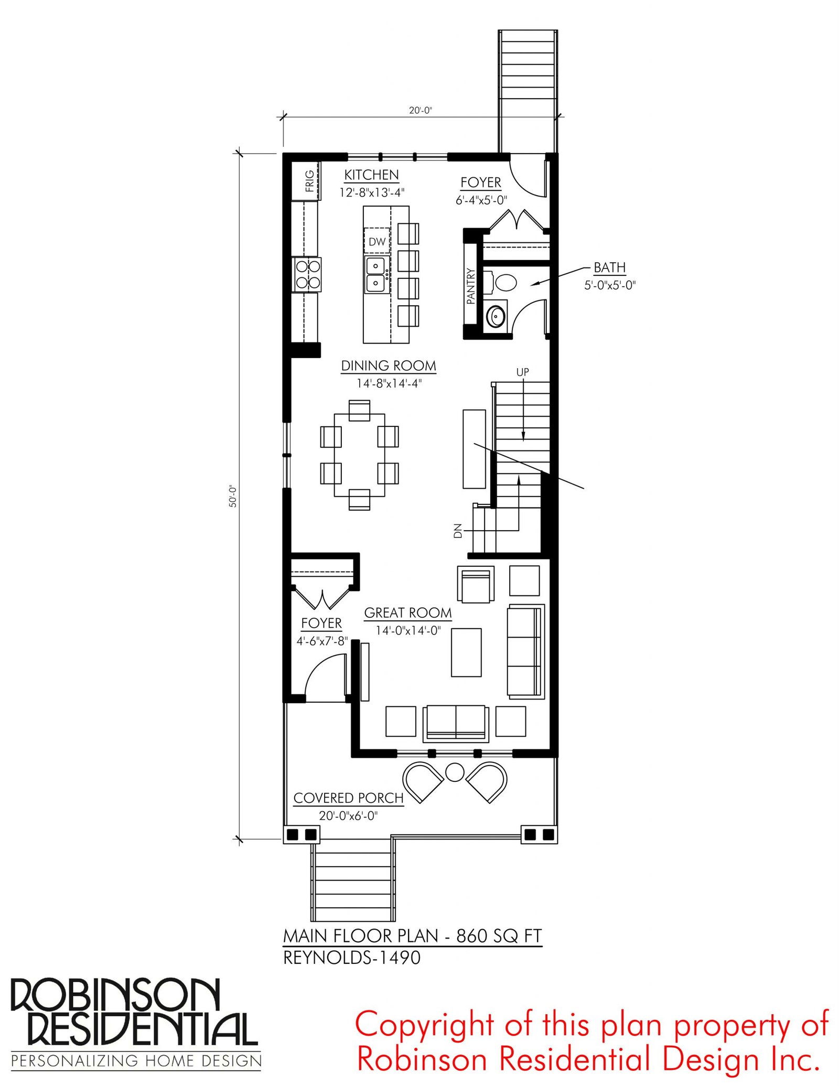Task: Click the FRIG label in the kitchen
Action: (309, 181)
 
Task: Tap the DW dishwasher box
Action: (377, 241)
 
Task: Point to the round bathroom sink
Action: (496, 315)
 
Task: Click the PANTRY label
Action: (470, 286)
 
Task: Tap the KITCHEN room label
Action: (371, 175)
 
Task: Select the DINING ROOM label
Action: (389, 365)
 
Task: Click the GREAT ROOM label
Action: (408, 612)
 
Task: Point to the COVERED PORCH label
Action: (348, 798)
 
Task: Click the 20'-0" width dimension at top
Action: (421, 110)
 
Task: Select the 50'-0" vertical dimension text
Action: (233, 496)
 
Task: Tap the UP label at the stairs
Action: (522, 372)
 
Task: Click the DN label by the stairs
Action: (458, 531)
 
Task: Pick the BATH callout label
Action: (609, 267)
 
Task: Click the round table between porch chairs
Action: (454, 772)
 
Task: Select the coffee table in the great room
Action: (466, 652)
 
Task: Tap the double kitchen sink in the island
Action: (375, 274)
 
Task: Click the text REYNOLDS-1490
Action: (352, 958)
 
